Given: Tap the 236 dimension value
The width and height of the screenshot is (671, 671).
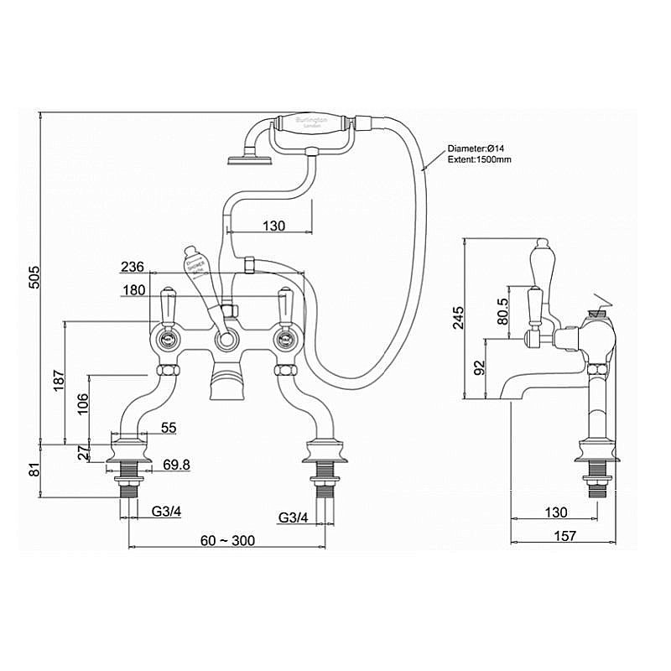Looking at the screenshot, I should pos(132,267).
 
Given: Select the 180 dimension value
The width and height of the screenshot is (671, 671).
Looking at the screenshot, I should pos(132,292).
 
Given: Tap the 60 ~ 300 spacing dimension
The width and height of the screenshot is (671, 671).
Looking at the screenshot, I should pos(227,540).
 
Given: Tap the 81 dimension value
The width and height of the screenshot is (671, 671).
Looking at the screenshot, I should pos(34,471).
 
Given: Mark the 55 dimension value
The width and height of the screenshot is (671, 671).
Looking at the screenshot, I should pos(169,428).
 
